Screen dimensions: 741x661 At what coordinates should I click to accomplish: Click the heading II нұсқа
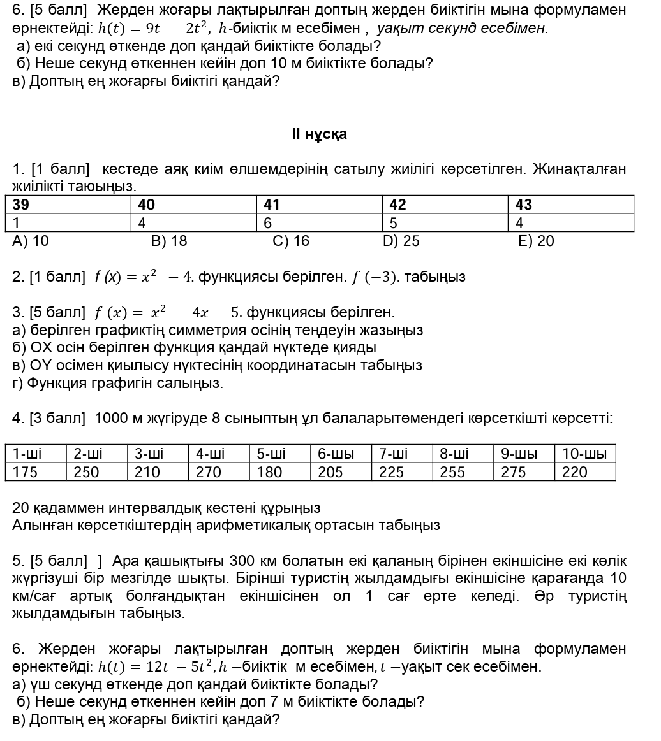[319, 134]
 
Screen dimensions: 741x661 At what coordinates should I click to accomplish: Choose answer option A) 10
[31, 241]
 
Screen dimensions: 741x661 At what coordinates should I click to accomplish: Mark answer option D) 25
[401, 241]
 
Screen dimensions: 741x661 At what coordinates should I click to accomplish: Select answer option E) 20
[537, 241]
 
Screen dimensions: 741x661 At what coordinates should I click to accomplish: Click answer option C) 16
[290, 241]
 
